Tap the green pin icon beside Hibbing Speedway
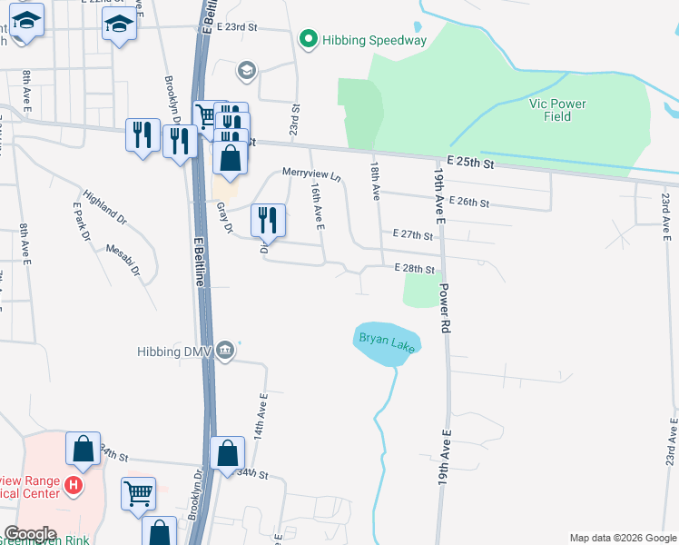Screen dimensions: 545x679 [308, 40]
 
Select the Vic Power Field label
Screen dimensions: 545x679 [557, 110]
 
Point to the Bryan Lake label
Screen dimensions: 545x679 [387, 342]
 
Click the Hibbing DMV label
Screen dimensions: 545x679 [175, 352]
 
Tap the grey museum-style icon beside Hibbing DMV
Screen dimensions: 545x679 [226, 352]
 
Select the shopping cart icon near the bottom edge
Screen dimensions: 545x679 [138, 496]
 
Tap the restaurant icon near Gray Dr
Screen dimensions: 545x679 [268, 220]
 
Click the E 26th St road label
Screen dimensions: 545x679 [469, 202]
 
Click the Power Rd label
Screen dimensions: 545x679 [445, 305]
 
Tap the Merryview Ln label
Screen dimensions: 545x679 [310, 173]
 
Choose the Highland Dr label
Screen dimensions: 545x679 [103, 206]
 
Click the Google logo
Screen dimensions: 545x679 [29, 534]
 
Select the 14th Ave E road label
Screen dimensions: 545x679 [262, 414]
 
